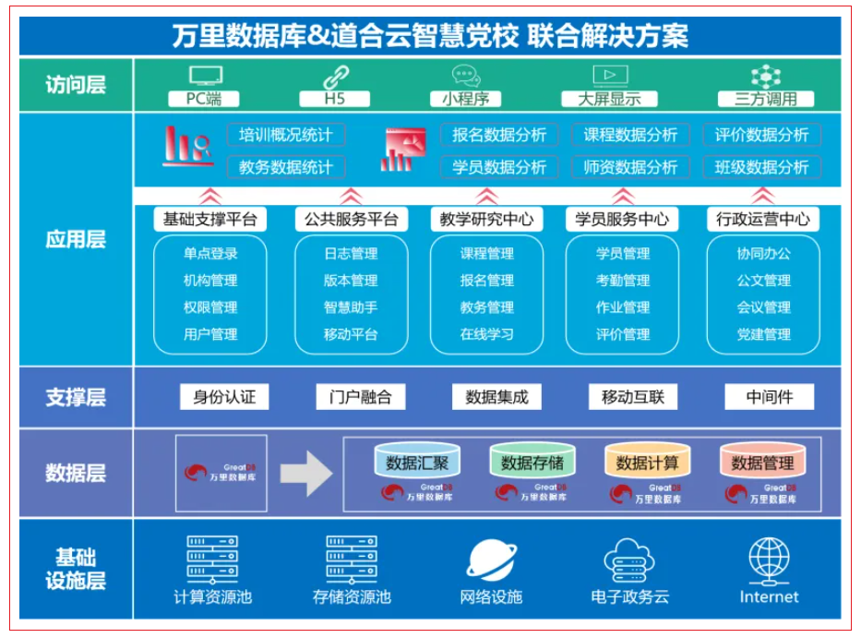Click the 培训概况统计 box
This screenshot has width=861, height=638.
(x=286, y=135)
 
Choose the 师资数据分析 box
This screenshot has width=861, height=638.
(x=630, y=167)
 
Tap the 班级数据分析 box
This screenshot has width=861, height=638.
(x=761, y=167)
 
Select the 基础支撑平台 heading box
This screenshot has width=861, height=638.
(x=209, y=220)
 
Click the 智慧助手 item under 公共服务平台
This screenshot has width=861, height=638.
(x=350, y=307)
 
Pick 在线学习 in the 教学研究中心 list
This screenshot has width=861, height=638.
(x=486, y=334)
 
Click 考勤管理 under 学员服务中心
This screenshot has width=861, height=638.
(x=623, y=281)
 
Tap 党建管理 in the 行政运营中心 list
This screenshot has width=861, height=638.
(x=763, y=334)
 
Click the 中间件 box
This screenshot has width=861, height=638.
(x=768, y=397)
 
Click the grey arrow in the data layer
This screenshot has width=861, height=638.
(x=305, y=475)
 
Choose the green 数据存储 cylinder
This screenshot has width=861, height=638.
(x=532, y=461)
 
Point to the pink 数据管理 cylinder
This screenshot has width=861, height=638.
(x=762, y=461)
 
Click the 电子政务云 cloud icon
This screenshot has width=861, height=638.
(x=629, y=560)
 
